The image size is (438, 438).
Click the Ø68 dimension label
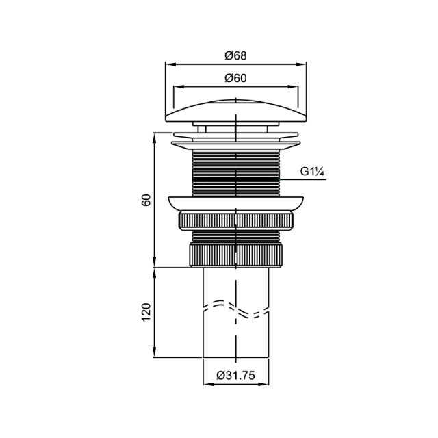(x=235, y=55)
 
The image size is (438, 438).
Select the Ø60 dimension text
(x=235, y=78)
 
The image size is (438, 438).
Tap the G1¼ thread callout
(x=312, y=171)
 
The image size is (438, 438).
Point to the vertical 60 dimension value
(x=146, y=200)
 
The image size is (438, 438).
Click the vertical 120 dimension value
(x=146, y=312)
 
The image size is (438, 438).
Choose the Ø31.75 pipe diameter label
(x=235, y=376)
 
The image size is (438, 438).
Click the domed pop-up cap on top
(x=236, y=111)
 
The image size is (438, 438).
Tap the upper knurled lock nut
(x=236, y=221)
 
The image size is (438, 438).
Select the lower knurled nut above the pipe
(x=236, y=255)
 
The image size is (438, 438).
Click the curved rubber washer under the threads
(x=236, y=203)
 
